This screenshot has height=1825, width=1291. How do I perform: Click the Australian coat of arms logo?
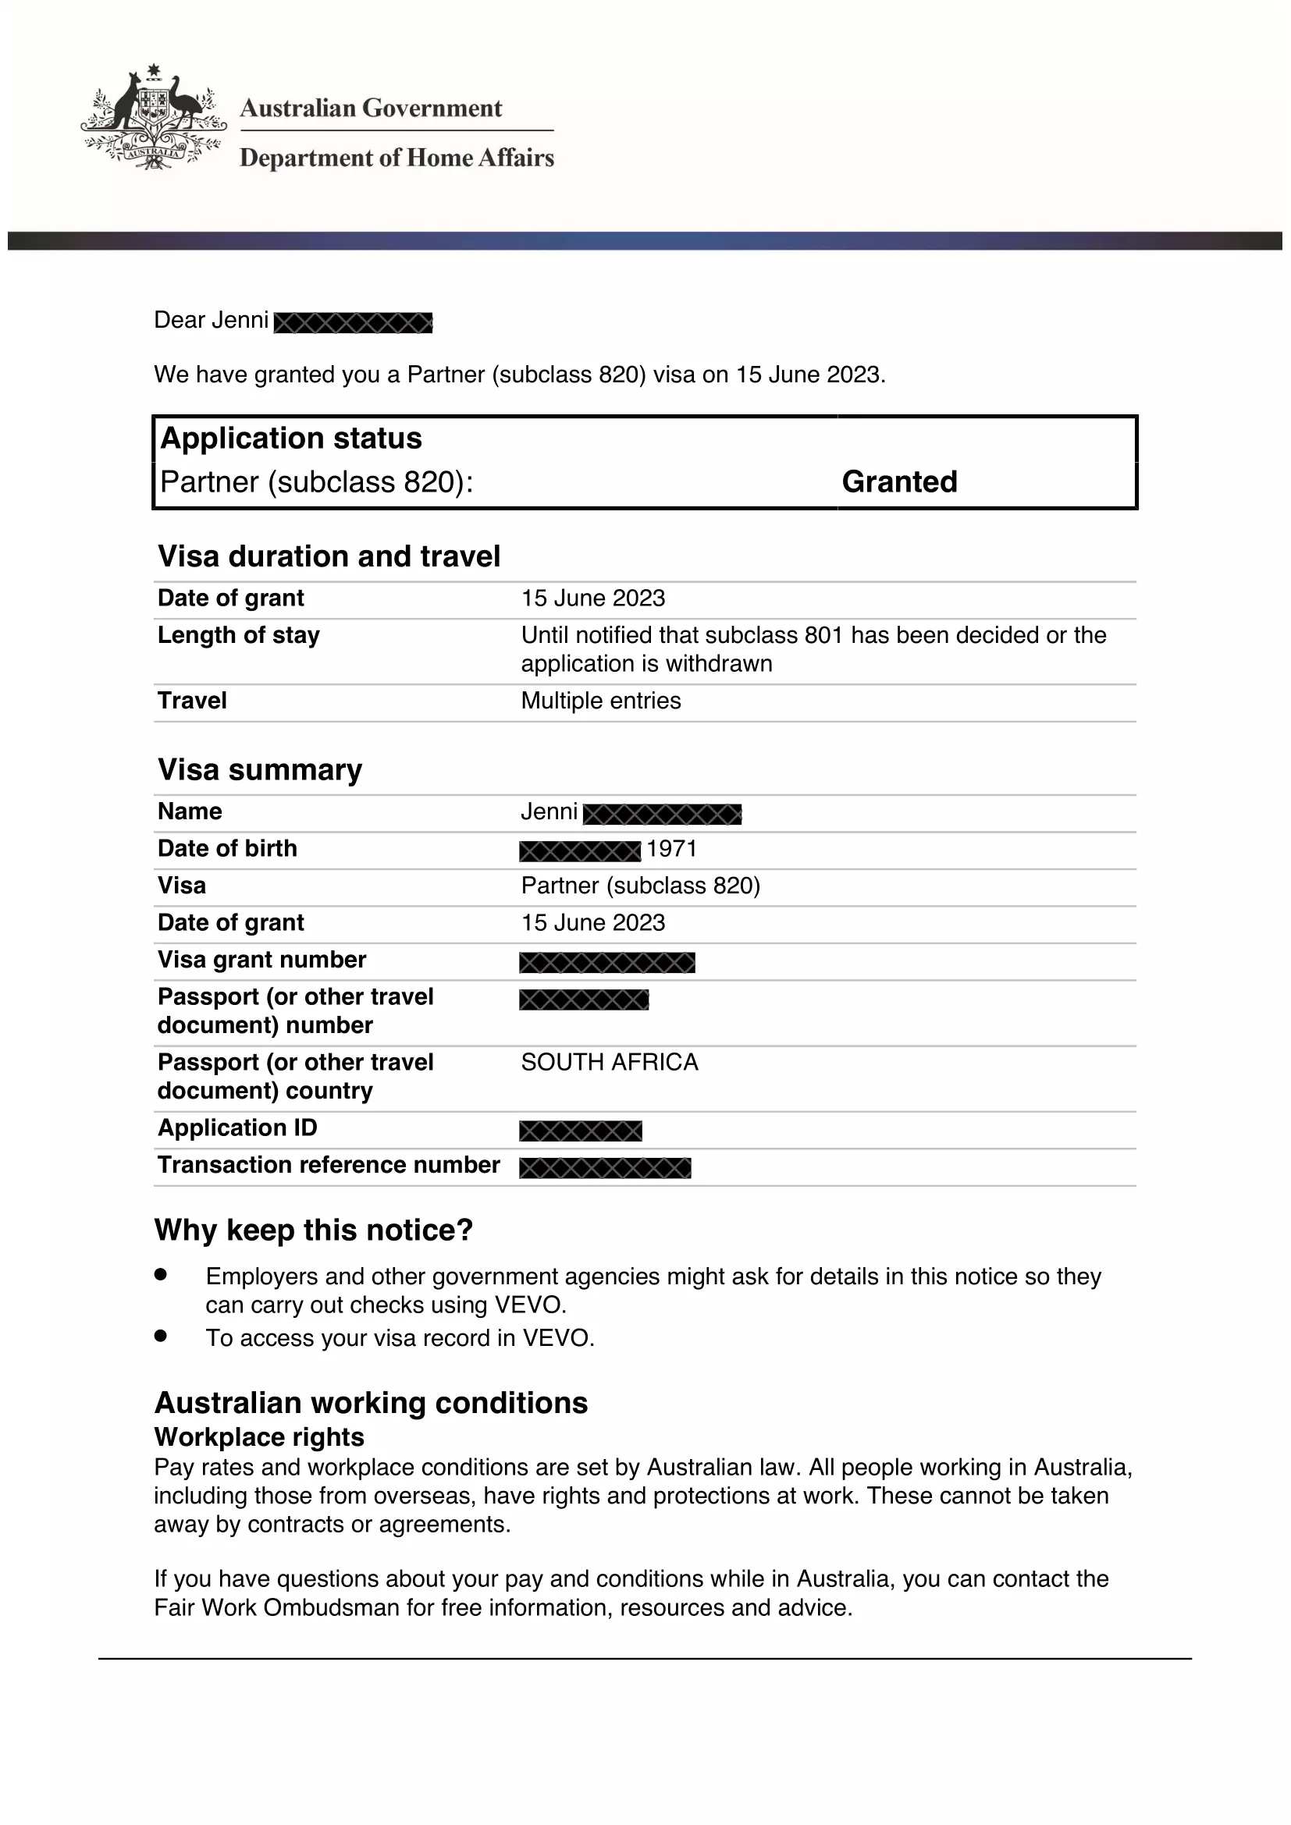point(154,118)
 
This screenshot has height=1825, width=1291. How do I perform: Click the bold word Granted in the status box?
point(899,481)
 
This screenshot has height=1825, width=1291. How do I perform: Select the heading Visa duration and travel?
point(329,556)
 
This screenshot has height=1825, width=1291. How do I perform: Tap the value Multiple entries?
point(601,701)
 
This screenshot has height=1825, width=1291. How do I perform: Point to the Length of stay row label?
point(239,635)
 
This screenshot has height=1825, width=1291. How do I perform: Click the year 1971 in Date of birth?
point(672,849)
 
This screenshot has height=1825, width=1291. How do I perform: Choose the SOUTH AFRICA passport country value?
point(610,1063)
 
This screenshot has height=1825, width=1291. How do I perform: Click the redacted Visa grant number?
point(607,963)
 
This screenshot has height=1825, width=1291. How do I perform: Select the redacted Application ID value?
point(580,1131)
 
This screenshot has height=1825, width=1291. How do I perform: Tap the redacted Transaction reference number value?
point(605,1168)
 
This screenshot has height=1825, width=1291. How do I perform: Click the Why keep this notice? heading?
point(313,1230)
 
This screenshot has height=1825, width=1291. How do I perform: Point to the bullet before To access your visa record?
point(161,1335)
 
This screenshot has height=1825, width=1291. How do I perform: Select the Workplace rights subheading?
point(259,1437)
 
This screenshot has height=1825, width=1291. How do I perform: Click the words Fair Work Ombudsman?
point(276,1607)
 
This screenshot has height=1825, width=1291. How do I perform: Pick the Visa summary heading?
point(260,770)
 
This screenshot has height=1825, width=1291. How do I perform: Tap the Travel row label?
point(192,701)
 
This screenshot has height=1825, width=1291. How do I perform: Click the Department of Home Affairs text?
point(397,158)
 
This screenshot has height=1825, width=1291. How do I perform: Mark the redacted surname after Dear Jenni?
point(353,323)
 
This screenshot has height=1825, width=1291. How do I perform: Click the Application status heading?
point(291,438)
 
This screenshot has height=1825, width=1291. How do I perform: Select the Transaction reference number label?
point(329,1165)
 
